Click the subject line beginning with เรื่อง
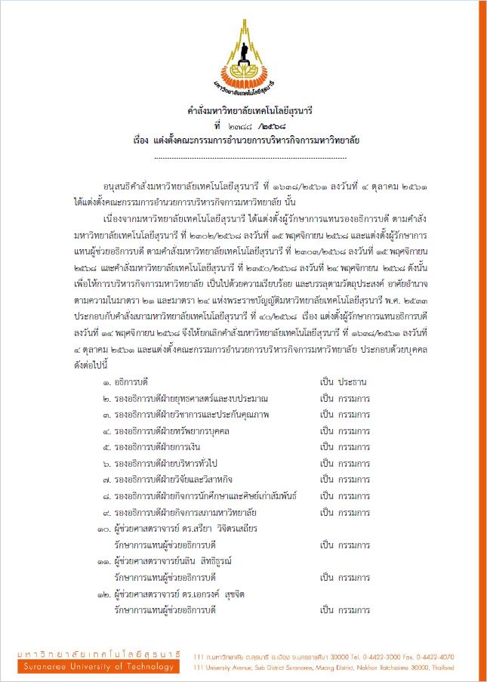pyautogui.click(x=245, y=140)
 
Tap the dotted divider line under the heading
pyautogui.click(x=249, y=157)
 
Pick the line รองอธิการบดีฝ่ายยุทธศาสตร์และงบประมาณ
pyautogui.click(x=186, y=398)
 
